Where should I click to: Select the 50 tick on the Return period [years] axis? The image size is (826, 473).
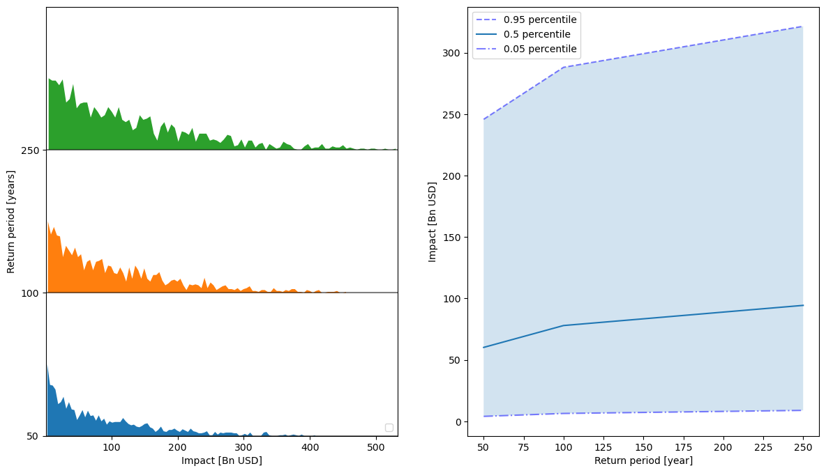point(33,436)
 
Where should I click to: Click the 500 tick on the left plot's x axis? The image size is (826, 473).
point(375,447)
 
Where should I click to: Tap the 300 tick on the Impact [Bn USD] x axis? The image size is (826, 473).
point(243,447)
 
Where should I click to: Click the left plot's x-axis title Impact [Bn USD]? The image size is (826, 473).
point(222,460)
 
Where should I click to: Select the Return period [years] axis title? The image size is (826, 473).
point(11,222)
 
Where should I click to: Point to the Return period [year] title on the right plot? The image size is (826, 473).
point(643,460)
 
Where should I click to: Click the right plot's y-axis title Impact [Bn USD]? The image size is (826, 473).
point(433,222)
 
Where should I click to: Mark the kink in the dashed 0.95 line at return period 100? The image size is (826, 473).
point(563,68)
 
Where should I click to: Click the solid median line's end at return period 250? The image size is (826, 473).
point(803,305)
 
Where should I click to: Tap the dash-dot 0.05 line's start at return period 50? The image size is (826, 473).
point(483,417)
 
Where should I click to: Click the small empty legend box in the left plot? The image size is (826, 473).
point(389,428)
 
